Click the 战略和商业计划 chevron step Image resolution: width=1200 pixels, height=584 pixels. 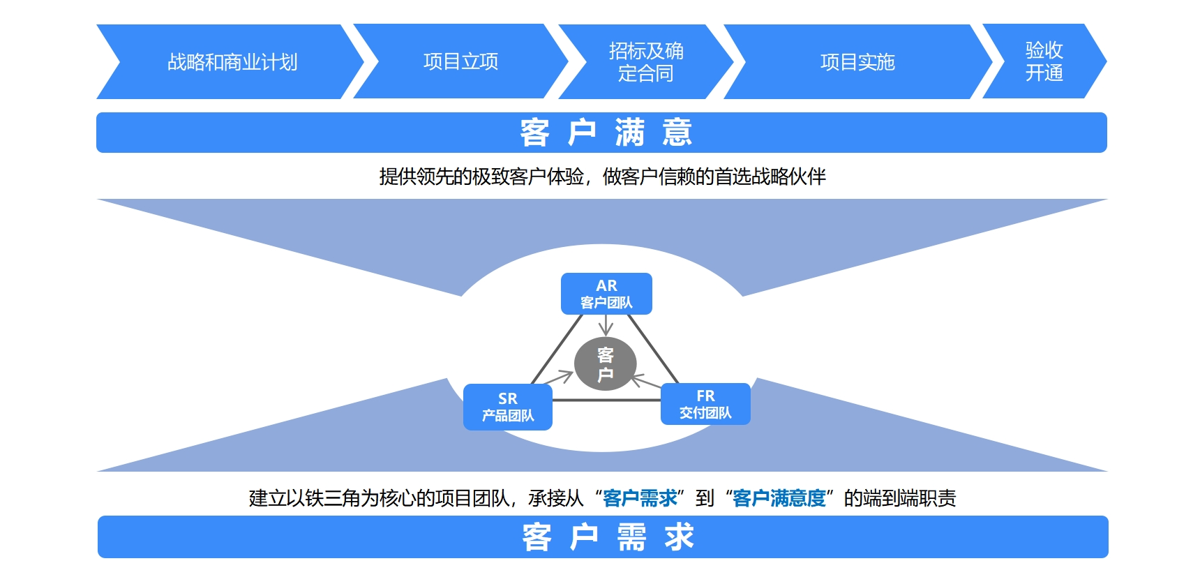click(x=232, y=62)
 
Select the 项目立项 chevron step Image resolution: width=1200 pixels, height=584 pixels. click(x=460, y=62)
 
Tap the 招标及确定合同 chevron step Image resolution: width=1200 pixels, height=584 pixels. click(x=646, y=62)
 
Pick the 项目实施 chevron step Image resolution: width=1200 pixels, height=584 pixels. click(x=857, y=62)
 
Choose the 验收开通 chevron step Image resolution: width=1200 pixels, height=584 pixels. click(x=1044, y=62)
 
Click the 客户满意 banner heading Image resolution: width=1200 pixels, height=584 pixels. click(x=606, y=133)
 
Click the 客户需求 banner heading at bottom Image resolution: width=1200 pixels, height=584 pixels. click(x=607, y=537)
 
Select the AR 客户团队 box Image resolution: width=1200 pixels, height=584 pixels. click(x=606, y=294)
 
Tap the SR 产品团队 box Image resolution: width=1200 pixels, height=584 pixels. click(x=508, y=407)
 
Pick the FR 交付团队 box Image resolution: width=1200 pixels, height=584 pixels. click(x=705, y=404)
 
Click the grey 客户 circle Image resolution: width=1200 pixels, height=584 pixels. click(x=605, y=364)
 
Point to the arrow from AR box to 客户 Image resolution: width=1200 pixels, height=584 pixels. click(x=606, y=325)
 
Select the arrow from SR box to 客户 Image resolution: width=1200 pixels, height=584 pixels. click(x=558, y=379)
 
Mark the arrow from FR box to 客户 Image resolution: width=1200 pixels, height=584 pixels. click(x=646, y=382)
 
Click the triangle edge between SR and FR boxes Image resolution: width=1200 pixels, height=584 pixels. click(x=606, y=400)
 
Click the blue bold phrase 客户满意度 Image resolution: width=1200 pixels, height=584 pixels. click(x=779, y=498)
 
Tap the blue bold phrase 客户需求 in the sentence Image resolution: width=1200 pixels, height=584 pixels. click(x=640, y=498)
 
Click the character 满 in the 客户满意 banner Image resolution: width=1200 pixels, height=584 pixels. click(x=629, y=133)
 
